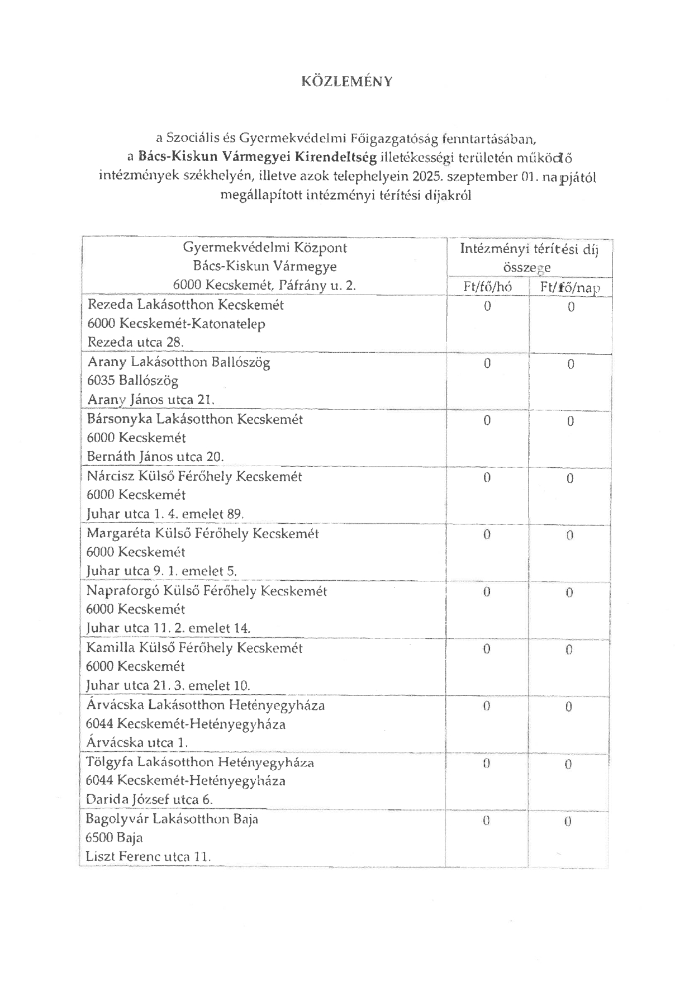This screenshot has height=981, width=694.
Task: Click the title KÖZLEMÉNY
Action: pyautogui.click(x=347, y=82)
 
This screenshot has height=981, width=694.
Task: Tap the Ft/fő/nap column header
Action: pyautogui.click(x=570, y=287)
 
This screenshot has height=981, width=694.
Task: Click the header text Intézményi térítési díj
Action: pyautogui.click(x=529, y=249)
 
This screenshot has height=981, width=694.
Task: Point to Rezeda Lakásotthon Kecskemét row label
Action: pyautogui.click(x=186, y=305)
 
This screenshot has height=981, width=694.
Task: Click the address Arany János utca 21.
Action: pyautogui.click(x=151, y=400)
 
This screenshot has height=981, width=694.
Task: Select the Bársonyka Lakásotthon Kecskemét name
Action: pyautogui.click(x=194, y=419)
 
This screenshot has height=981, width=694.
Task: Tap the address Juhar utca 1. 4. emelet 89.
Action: pyautogui.click(x=165, y=514)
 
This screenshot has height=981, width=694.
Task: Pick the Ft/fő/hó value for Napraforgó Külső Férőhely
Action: pyautogui.click(x=487, y=591)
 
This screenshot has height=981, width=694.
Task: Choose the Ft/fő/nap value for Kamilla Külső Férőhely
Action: pyautogui.click(x=569, y=650)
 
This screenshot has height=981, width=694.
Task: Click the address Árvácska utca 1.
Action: pyautogui.click(x=137, y=743)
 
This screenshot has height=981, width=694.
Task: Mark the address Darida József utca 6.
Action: pyautogui.click(x=149, y=799)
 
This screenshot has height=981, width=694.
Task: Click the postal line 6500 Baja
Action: pyautogui.click(x=114, y=837)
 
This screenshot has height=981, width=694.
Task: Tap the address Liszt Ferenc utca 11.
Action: pyautogui.click(x=148, y=856)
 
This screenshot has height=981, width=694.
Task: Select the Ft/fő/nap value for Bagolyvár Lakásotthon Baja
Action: pyautogui.click(x=568, y=821)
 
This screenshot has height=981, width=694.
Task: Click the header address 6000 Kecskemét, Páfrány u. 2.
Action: pyautogui.click(x=264, y=285)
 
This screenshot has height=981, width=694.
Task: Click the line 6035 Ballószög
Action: pyautogui.click(x=132, y=381)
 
